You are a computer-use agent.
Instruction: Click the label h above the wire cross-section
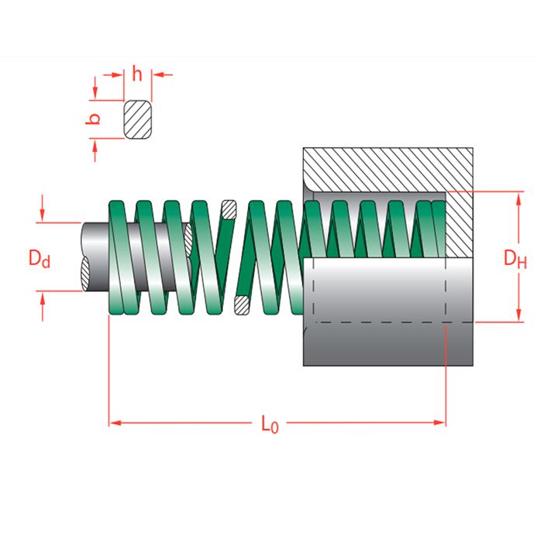(x=137, y=74)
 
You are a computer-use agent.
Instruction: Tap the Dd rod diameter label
(x=40, y=257)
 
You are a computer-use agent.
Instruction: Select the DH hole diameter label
(x=515, y=258)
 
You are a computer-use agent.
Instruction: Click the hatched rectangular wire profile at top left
(x=138, y=120)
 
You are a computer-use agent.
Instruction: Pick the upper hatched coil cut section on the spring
(x=229, y=209)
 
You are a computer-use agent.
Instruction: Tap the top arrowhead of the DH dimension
(x=516, y=197)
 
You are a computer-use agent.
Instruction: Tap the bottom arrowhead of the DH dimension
(x=516, y=316)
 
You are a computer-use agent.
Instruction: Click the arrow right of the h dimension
(x=158, y=75)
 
